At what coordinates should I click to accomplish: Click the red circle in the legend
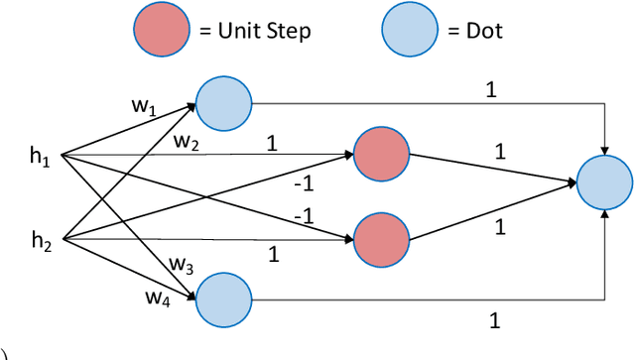[x=161, y=31]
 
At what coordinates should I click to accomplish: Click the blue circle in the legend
[x=409, y=31]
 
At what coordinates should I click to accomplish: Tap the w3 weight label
[x=181, y=264]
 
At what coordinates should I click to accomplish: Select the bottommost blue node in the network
[x=223, y=298]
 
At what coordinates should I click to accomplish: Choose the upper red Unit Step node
[x=381, y=154]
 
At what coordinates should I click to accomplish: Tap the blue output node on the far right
[x=604, y=183]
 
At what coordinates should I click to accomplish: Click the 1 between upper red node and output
[x=499, y=152]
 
